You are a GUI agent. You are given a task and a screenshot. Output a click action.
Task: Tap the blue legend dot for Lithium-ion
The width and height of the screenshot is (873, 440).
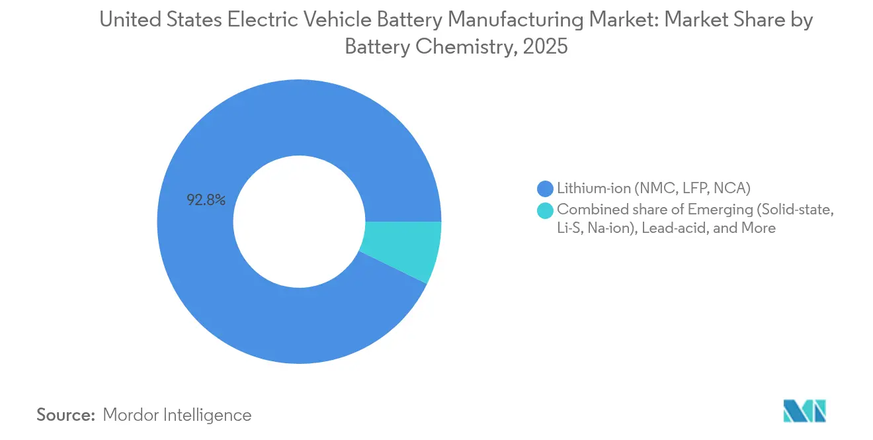[546, 189]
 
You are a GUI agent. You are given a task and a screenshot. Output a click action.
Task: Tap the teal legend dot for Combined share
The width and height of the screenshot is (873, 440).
[546, 210]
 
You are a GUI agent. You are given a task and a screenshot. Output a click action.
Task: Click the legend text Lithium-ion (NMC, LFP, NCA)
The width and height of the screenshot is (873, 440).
[653, 189]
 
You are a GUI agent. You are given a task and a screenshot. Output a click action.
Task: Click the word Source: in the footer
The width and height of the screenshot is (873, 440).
[66, 415]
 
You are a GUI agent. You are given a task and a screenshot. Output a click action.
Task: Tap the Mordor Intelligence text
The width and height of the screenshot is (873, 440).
[177, 415]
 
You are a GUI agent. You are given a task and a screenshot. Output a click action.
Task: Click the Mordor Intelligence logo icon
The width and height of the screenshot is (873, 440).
[804, 411]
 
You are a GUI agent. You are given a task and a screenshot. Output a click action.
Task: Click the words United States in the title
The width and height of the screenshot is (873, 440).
[159, 21]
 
